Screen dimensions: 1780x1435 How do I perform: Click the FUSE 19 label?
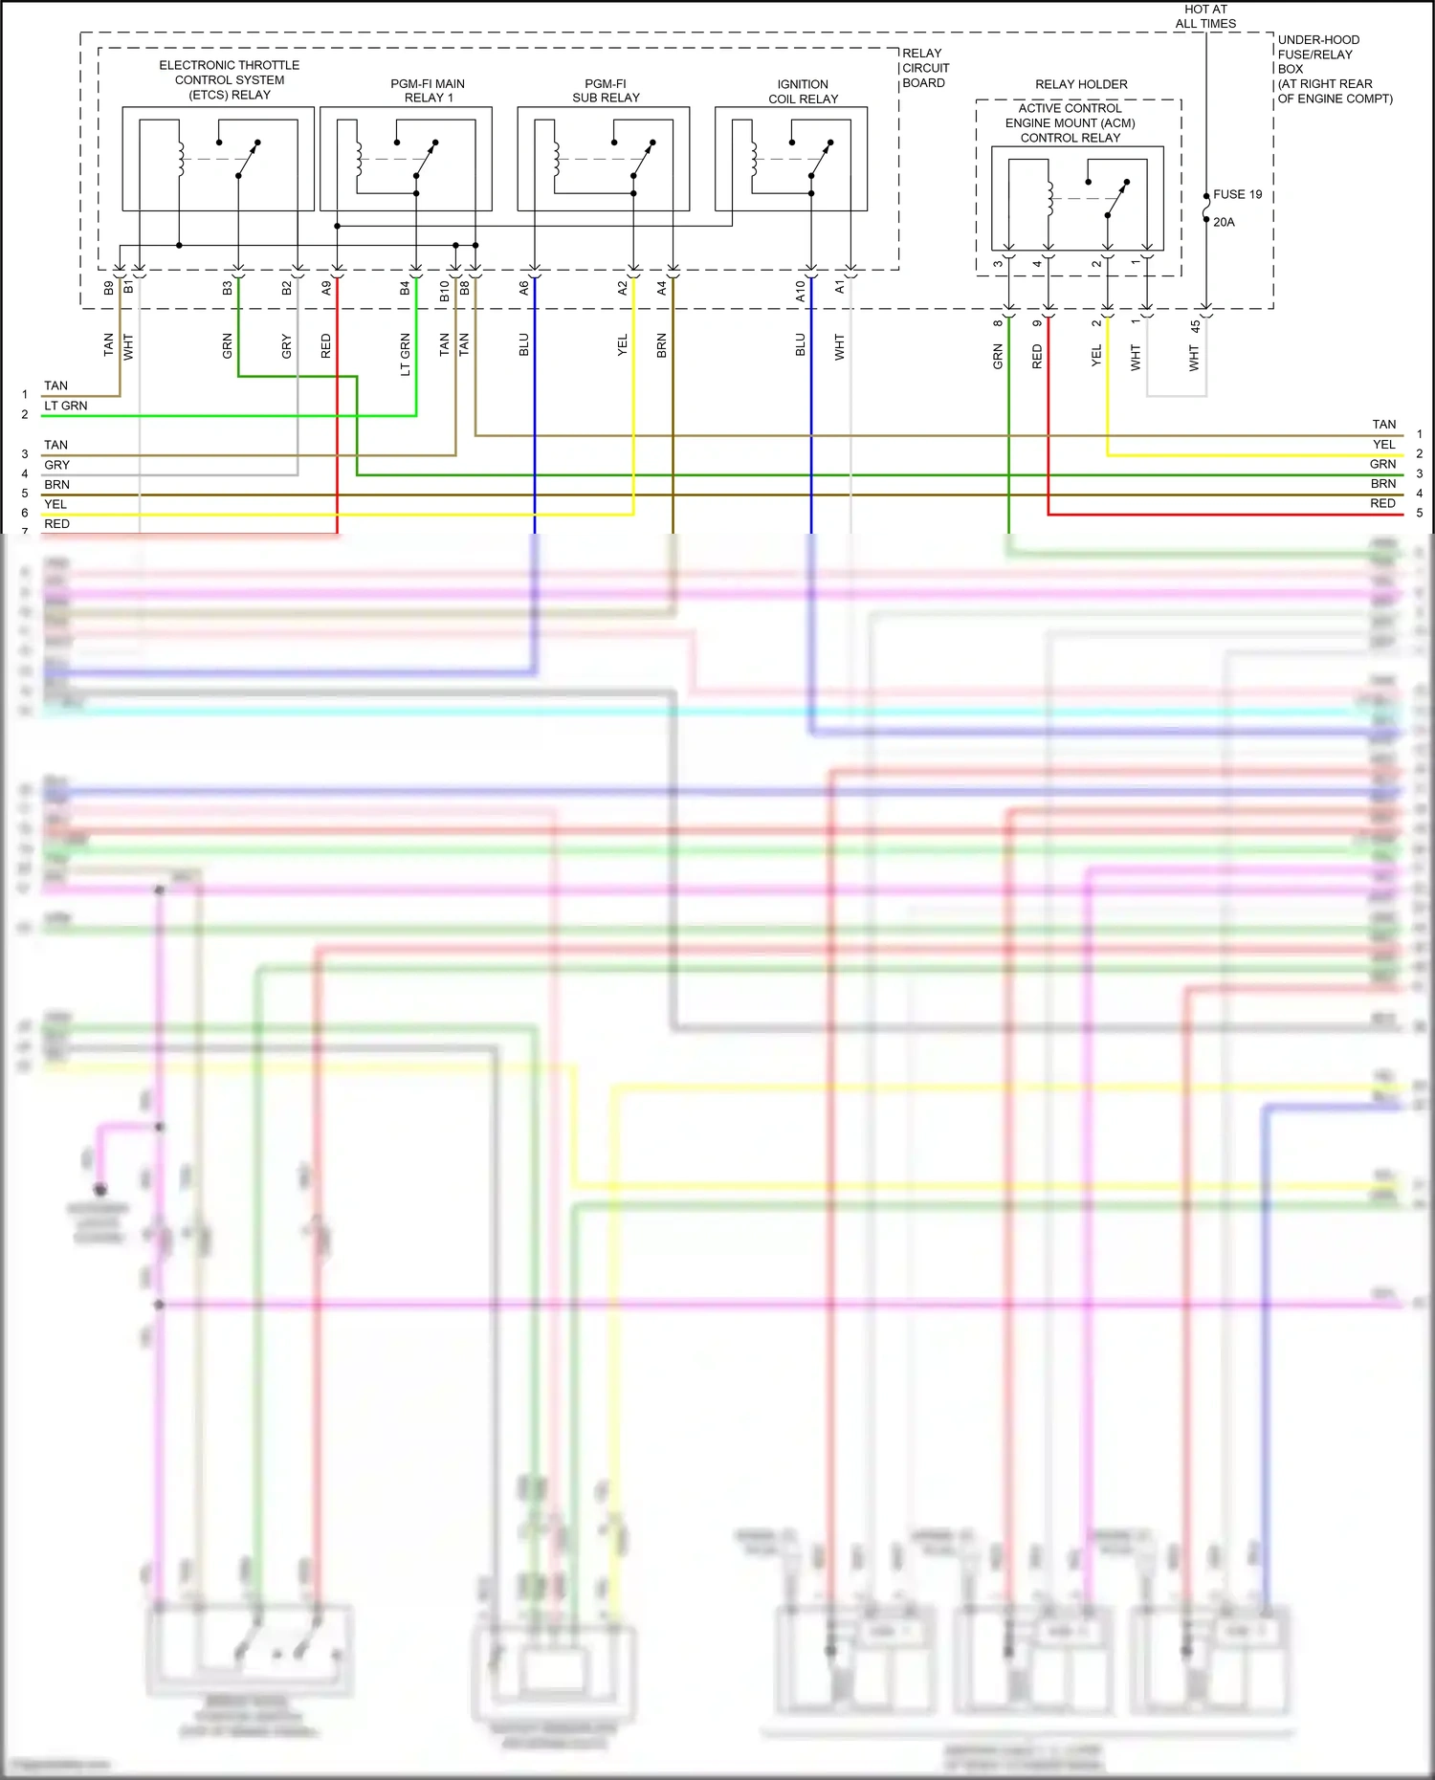pos(1237,194)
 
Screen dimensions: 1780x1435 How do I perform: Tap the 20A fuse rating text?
pos(1224,222)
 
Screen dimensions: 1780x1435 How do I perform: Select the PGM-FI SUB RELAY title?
pos(606,91)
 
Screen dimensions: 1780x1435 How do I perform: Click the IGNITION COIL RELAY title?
pos(803,92)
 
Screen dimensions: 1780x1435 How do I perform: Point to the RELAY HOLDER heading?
pos(1081,84)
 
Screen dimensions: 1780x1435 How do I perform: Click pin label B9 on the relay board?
pos(108,287)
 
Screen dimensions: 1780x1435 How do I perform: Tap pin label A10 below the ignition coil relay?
pos(800,292)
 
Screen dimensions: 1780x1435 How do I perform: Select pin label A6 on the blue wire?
pos(523,287)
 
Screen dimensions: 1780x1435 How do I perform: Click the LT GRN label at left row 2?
pos(65,406)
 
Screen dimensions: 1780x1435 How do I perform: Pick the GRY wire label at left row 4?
pos(56,465)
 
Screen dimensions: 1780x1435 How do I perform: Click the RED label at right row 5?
pos(1382,503)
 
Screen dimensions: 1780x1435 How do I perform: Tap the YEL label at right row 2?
pos(1383,444)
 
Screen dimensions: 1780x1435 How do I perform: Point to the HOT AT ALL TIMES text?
pos(1205,16)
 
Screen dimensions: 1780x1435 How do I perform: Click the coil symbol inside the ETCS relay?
pos(180,159)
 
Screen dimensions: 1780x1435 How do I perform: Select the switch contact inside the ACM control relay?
pos(1116,199)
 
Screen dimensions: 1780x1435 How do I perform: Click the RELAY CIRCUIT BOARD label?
pos(925,68)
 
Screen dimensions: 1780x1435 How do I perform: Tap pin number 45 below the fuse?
pos(1195,326)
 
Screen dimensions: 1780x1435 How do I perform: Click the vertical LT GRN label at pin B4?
pos(405,354)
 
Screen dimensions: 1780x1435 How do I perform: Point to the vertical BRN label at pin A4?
pos(661,346)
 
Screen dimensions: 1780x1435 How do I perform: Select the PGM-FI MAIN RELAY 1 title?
pos(428,91)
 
